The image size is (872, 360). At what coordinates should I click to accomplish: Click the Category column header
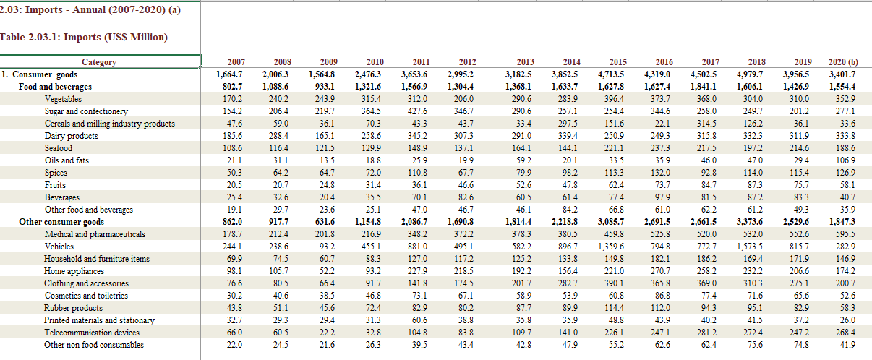pyautogui.click(x=99, y=62)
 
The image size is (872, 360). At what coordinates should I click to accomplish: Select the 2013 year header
pyautogui.click(x=525, y=62)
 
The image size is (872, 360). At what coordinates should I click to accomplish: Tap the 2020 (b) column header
pyautogui.click(x=843, y=62)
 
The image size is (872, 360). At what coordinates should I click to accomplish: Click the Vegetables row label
pyautogui.click(x=63, y=99)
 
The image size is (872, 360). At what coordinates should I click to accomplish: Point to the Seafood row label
pyautogui.click(x=59, y=148)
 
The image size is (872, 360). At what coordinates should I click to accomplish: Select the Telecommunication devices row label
pyautogui.click(x=92, y=333)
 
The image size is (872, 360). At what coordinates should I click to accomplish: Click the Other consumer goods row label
pyautogui.click(x=61, y=222)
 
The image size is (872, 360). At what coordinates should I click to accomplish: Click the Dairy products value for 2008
pyautogui.click(x=278, y=136)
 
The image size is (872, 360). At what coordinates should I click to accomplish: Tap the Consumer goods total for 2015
pyautogui.click(x=611, y=74)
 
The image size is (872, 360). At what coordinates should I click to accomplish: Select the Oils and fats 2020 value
pyautogui.click(x=845, y=160)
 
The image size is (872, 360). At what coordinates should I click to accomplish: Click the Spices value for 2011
pyautogui.click(x=417, y=173)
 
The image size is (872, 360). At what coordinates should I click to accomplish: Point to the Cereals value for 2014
pyautogui.click(x=568, y=124)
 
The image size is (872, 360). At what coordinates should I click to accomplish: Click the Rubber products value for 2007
pyautogui.click(x=234, y=308)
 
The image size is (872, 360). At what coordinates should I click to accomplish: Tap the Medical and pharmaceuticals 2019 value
pyautogui.click(x=799, y=234)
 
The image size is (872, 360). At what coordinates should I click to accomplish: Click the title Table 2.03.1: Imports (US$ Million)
pyautogui.click(x=84, y=37)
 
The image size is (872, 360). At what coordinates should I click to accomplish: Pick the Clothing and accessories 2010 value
pyautogui.click(x=373, y=283)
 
